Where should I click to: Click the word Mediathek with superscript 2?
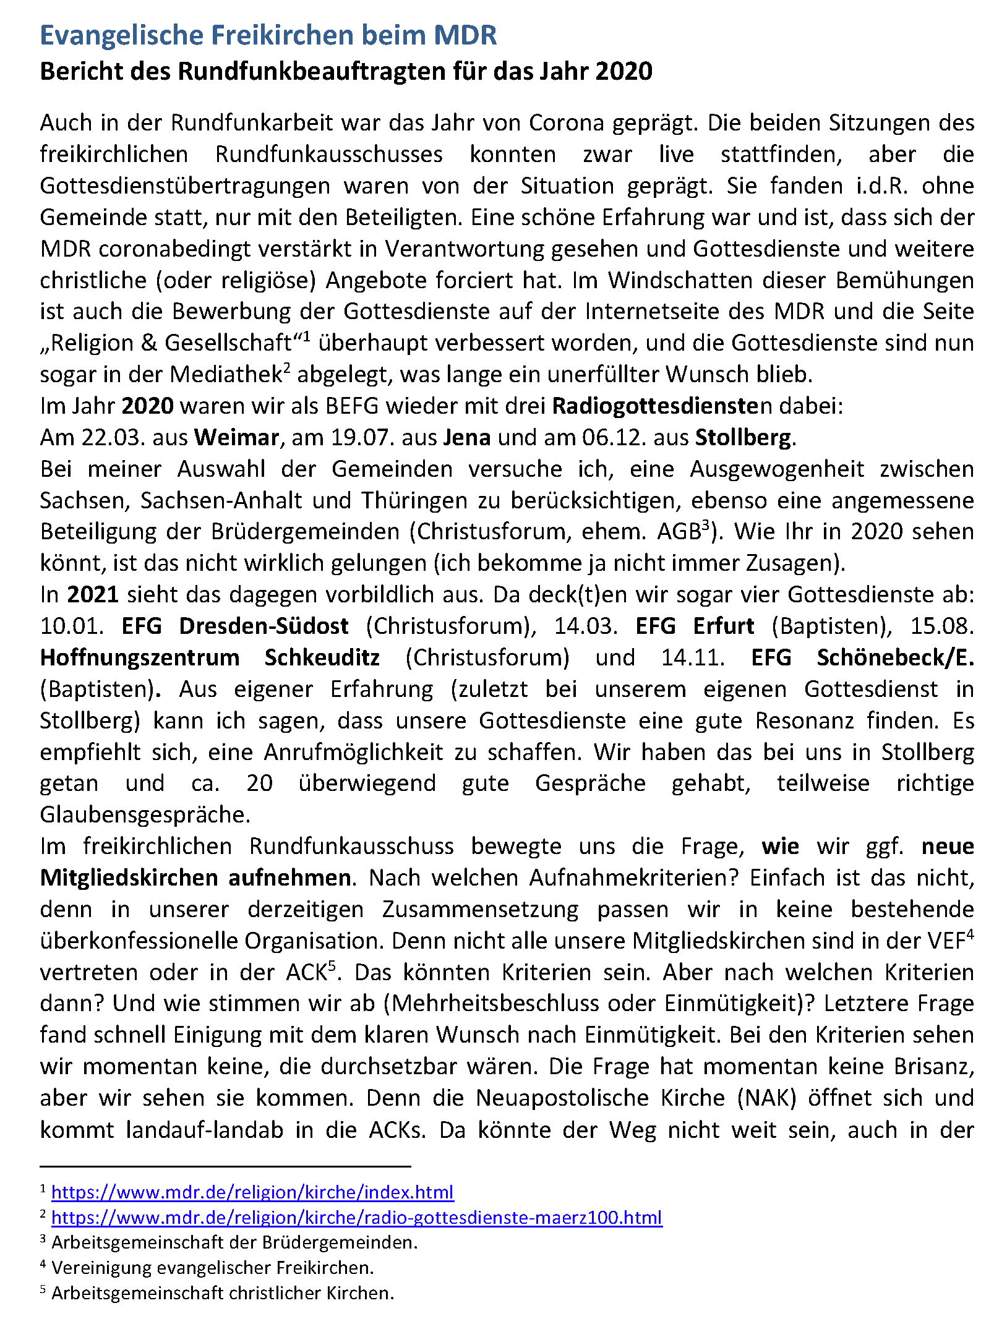pyautogui.click(x=226, y=375)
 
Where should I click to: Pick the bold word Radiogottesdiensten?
pyautogui.click(x=662, y=406)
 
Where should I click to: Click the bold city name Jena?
pyautogui.click(x=467, y=438)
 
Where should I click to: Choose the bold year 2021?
pyautogui.click(x=93, y=595)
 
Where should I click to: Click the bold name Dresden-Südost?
pyautogui.click(x=264, y=626)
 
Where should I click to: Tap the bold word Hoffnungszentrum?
pyautogui.click(x=140, y=658)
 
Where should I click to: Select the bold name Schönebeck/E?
pyautogui.click(x=894, y=658)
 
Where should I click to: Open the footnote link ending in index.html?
pyautogui.click(x=252, y=1192)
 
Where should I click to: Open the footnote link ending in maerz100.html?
pyautogui.click(x=356, y=1217)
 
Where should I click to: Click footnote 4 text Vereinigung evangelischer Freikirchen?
pyautogui.click(x=213, y=1268)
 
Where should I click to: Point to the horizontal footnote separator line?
pyautogui.click(x=225, y=1166)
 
